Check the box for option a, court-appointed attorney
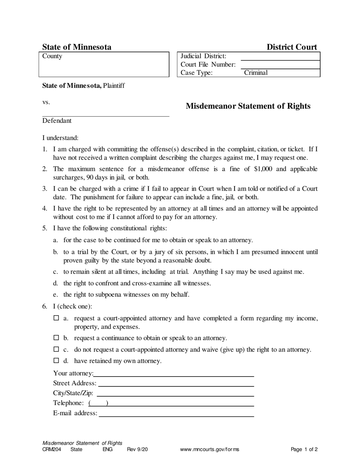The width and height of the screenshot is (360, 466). point(56,318)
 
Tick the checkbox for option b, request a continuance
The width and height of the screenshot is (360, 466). point(56,338)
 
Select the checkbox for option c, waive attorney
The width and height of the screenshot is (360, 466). point(56,349)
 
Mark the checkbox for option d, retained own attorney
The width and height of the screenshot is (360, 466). point(56,361)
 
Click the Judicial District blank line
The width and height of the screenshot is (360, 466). point(280,57)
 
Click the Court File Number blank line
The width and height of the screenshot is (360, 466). point(280,65)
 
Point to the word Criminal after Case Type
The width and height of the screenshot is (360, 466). point(256,73)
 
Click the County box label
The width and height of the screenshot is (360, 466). point(52,56)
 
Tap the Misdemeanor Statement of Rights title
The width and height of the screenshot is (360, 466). point(248,106)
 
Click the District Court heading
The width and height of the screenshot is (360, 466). point(292,47)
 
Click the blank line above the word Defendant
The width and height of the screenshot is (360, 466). point(105,114)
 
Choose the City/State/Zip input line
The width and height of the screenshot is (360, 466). point(175,393)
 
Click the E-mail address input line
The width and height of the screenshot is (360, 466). point(176,413)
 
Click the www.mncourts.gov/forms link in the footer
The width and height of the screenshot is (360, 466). point(210,450)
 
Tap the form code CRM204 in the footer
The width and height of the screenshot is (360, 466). point(52,450)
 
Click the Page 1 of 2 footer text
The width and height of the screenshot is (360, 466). point(304,450)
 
